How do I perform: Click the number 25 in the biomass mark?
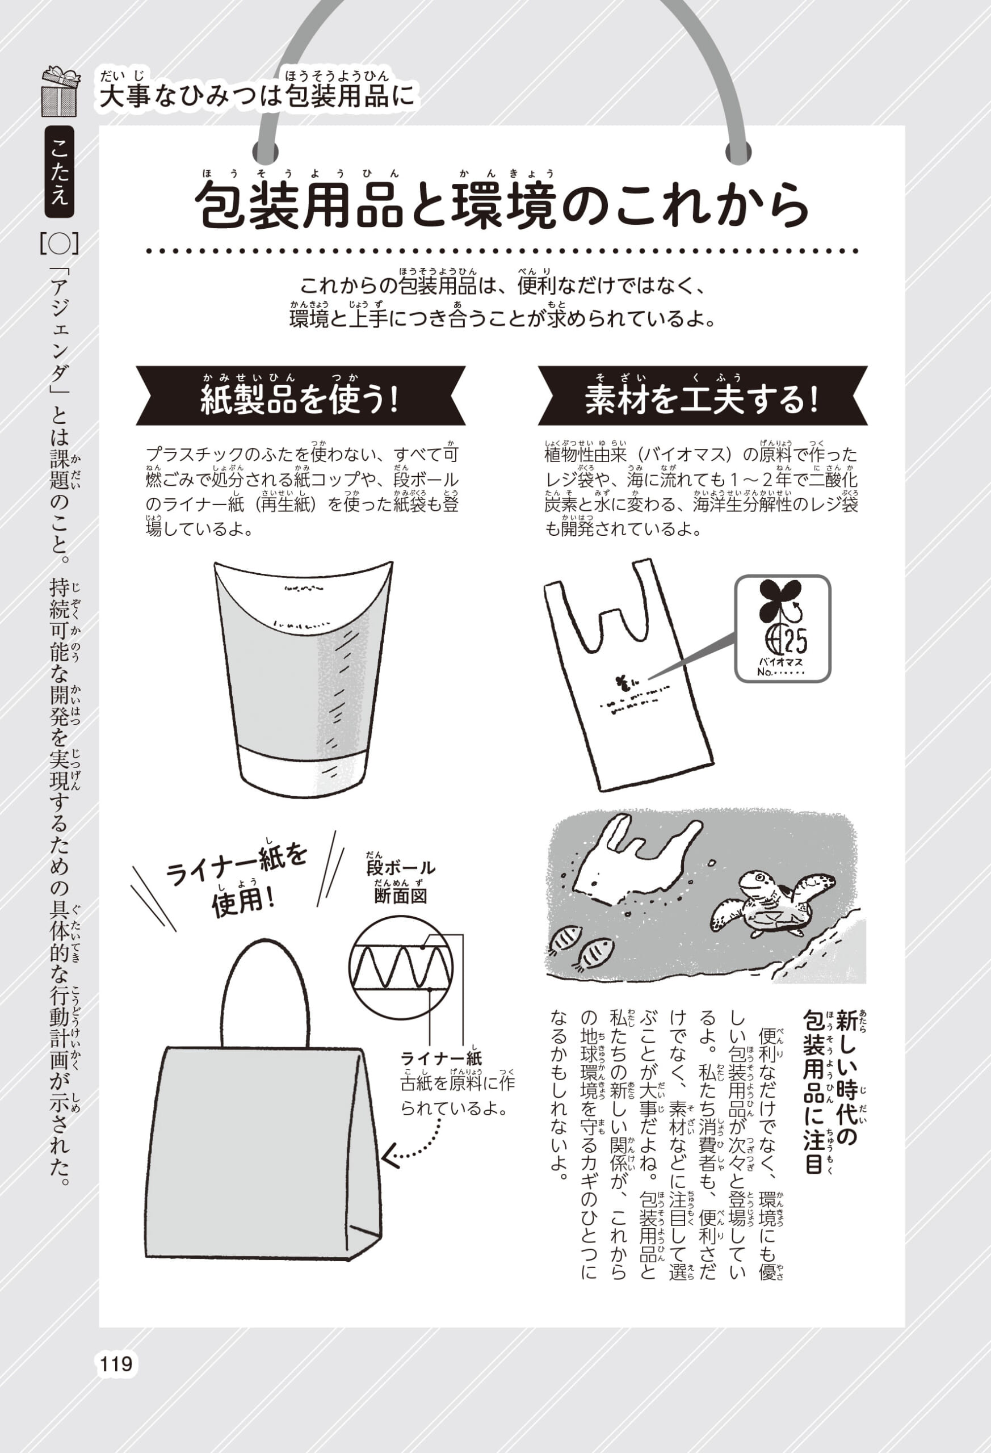[x=795, y=640]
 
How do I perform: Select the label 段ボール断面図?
[x=400, y=881]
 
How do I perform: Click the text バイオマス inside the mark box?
[x=780, y=662]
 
